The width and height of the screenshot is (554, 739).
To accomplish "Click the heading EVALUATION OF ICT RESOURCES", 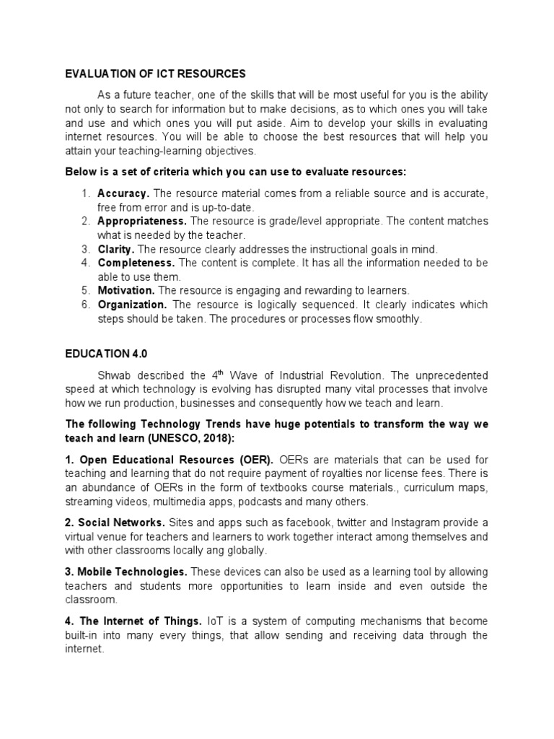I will [155, 74].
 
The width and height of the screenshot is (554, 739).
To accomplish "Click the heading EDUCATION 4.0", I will [105, 355].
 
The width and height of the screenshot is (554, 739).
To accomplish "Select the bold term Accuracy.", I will [123, 194].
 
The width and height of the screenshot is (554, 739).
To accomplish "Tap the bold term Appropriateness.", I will [142, 222].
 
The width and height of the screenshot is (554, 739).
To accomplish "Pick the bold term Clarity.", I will [116, 249].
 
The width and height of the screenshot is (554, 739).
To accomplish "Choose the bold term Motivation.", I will [126, 290].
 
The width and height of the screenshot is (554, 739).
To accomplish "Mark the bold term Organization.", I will [132, 305].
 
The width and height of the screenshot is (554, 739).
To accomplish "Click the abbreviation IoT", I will [215, 621].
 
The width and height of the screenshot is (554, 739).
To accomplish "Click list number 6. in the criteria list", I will [85, 305].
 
